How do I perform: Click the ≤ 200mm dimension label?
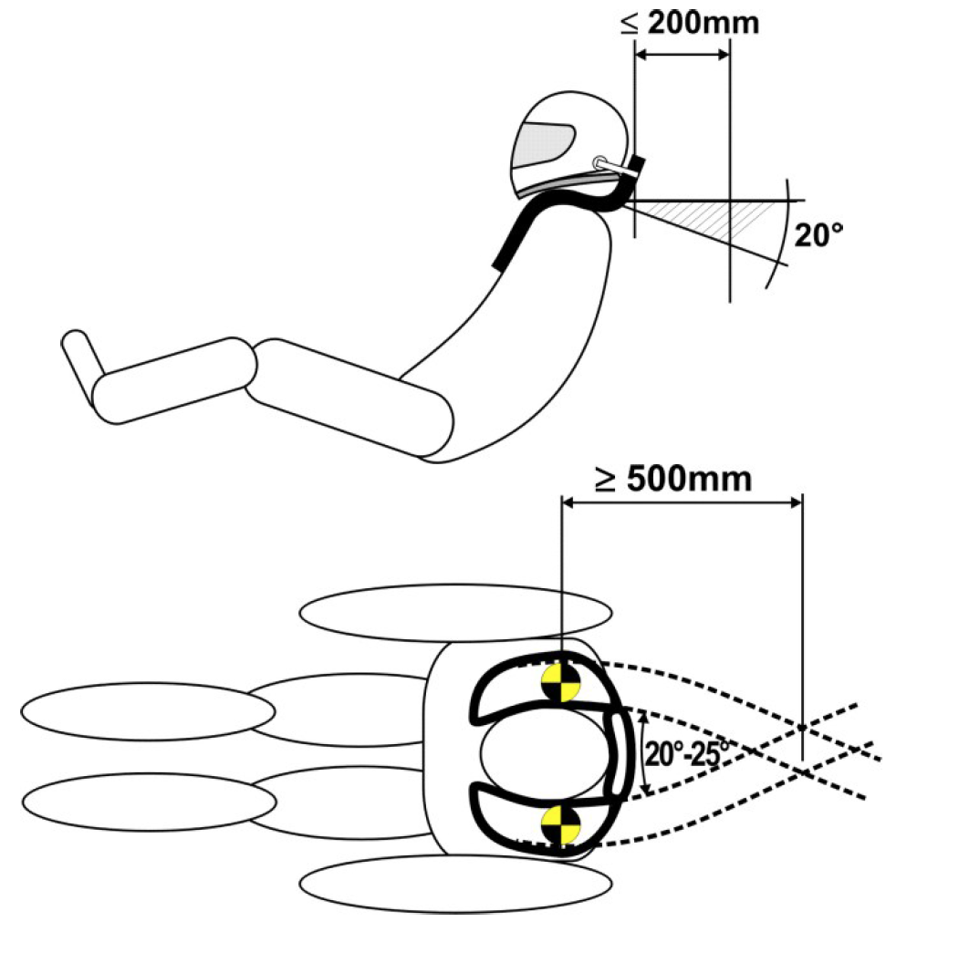[690, 22]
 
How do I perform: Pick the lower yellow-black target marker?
[559, 823]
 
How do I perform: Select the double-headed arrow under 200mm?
[682, 54]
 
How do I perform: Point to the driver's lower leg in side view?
[173, 379]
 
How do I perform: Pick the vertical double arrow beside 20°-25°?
[644, 753]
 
